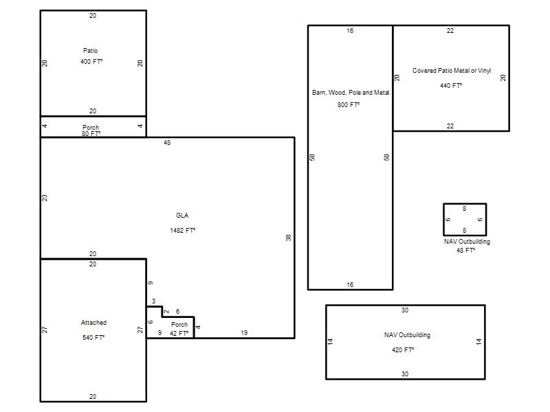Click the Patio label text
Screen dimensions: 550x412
[x=91, y=50]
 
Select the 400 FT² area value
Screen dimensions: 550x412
[x=91, y=61]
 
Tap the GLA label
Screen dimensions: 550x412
[x=182, y=215]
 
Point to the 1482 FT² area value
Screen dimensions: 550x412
[x=183, y=230]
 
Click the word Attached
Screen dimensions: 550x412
[x=93, y=322]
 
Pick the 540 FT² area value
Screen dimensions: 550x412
[x=93, y=337]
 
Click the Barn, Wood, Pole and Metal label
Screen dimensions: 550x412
[x=351, y=93]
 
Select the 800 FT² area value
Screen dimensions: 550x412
[x=349, y=105]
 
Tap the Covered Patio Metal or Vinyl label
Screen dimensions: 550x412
[x=452, y=71]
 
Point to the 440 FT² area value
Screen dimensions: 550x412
[x=451, y=85]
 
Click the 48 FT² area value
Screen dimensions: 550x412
[x=466, y=250]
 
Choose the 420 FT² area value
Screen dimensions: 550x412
[x=403, y=350]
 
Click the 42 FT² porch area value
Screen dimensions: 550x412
[x=179, y=333]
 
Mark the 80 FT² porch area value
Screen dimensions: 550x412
[x=91, y=133]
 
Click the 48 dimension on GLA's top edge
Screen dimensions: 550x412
[x=167, y=143]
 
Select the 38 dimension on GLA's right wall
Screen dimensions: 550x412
[x=288, y=238]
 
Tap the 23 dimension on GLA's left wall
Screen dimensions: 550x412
[x=45, y=198]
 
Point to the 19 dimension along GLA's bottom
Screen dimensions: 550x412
[x=244, y=332]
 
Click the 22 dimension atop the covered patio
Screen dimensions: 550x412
[x=450, y=30]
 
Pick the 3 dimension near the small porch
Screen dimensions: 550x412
[x=153, y=301]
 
